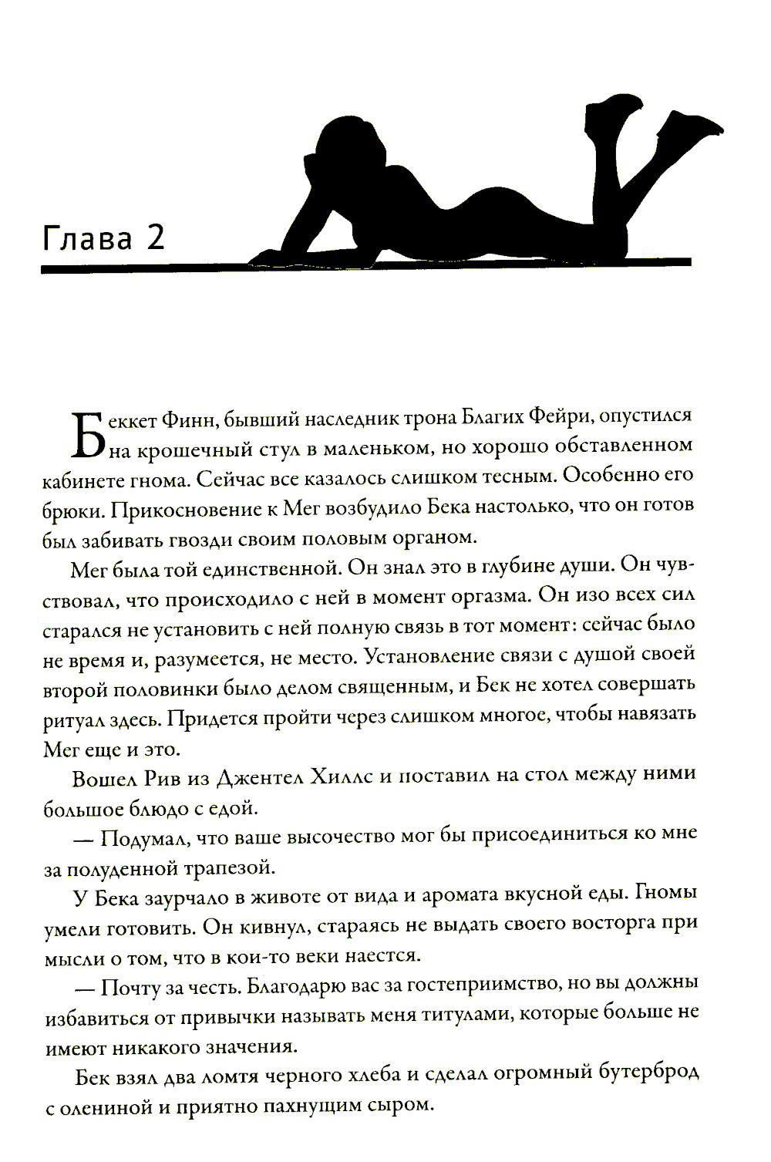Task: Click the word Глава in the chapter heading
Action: [x=87, y=238]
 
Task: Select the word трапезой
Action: [x=228, y=867]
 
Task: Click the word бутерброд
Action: [x=641, y=1074]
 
